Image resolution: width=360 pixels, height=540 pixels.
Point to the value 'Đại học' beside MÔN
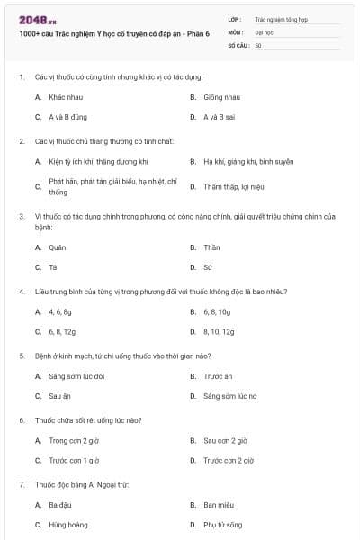pos(263,31)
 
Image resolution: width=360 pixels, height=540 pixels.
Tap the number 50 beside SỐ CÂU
pos(258,44)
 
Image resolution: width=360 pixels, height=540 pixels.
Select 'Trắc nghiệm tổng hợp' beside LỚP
pos(279,18)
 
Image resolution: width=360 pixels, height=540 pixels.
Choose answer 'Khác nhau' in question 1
pos(65,96)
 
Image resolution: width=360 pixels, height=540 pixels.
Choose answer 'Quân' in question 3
pos(58,247)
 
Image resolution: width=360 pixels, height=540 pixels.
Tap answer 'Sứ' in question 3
pos(208,267)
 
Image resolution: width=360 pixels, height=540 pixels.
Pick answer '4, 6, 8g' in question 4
pos(60,311)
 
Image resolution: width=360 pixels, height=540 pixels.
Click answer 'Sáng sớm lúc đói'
pos(76,376)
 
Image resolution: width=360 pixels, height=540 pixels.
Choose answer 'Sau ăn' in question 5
pos(60,396)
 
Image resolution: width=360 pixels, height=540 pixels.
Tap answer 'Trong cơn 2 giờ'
pos(74,441)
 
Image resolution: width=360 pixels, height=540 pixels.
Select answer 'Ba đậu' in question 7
pos(60,505)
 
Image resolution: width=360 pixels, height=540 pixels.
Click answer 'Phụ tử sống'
pos(222,525)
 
